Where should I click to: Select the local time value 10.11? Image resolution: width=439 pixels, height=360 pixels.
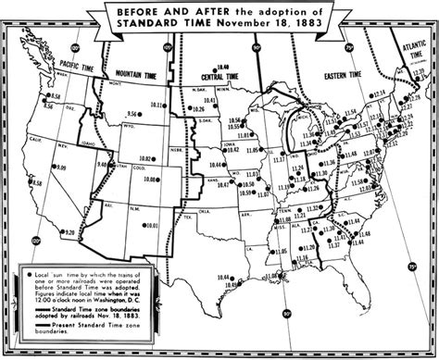[x=154, y=104]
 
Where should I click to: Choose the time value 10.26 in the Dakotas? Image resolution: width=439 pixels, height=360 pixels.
[x=196, y=108]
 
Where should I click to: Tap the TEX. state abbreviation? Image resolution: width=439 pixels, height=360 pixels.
[x=190, y=217]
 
